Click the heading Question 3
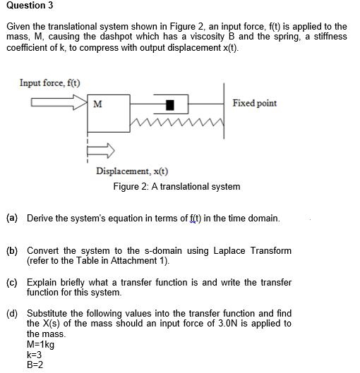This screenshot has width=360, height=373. tap(30, 6)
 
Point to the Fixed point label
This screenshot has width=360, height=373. tap(254, 103)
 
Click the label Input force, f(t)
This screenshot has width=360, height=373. tap(49, 82)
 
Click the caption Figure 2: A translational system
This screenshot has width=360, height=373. tap(176, 187)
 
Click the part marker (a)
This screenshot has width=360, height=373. tap(12, 219)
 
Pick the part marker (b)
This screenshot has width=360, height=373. tap(12, 250)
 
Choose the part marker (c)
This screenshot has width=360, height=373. tap(12, 282)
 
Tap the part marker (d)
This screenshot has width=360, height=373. tap(12, 314)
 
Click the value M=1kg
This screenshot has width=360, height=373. tap(40, 345)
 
